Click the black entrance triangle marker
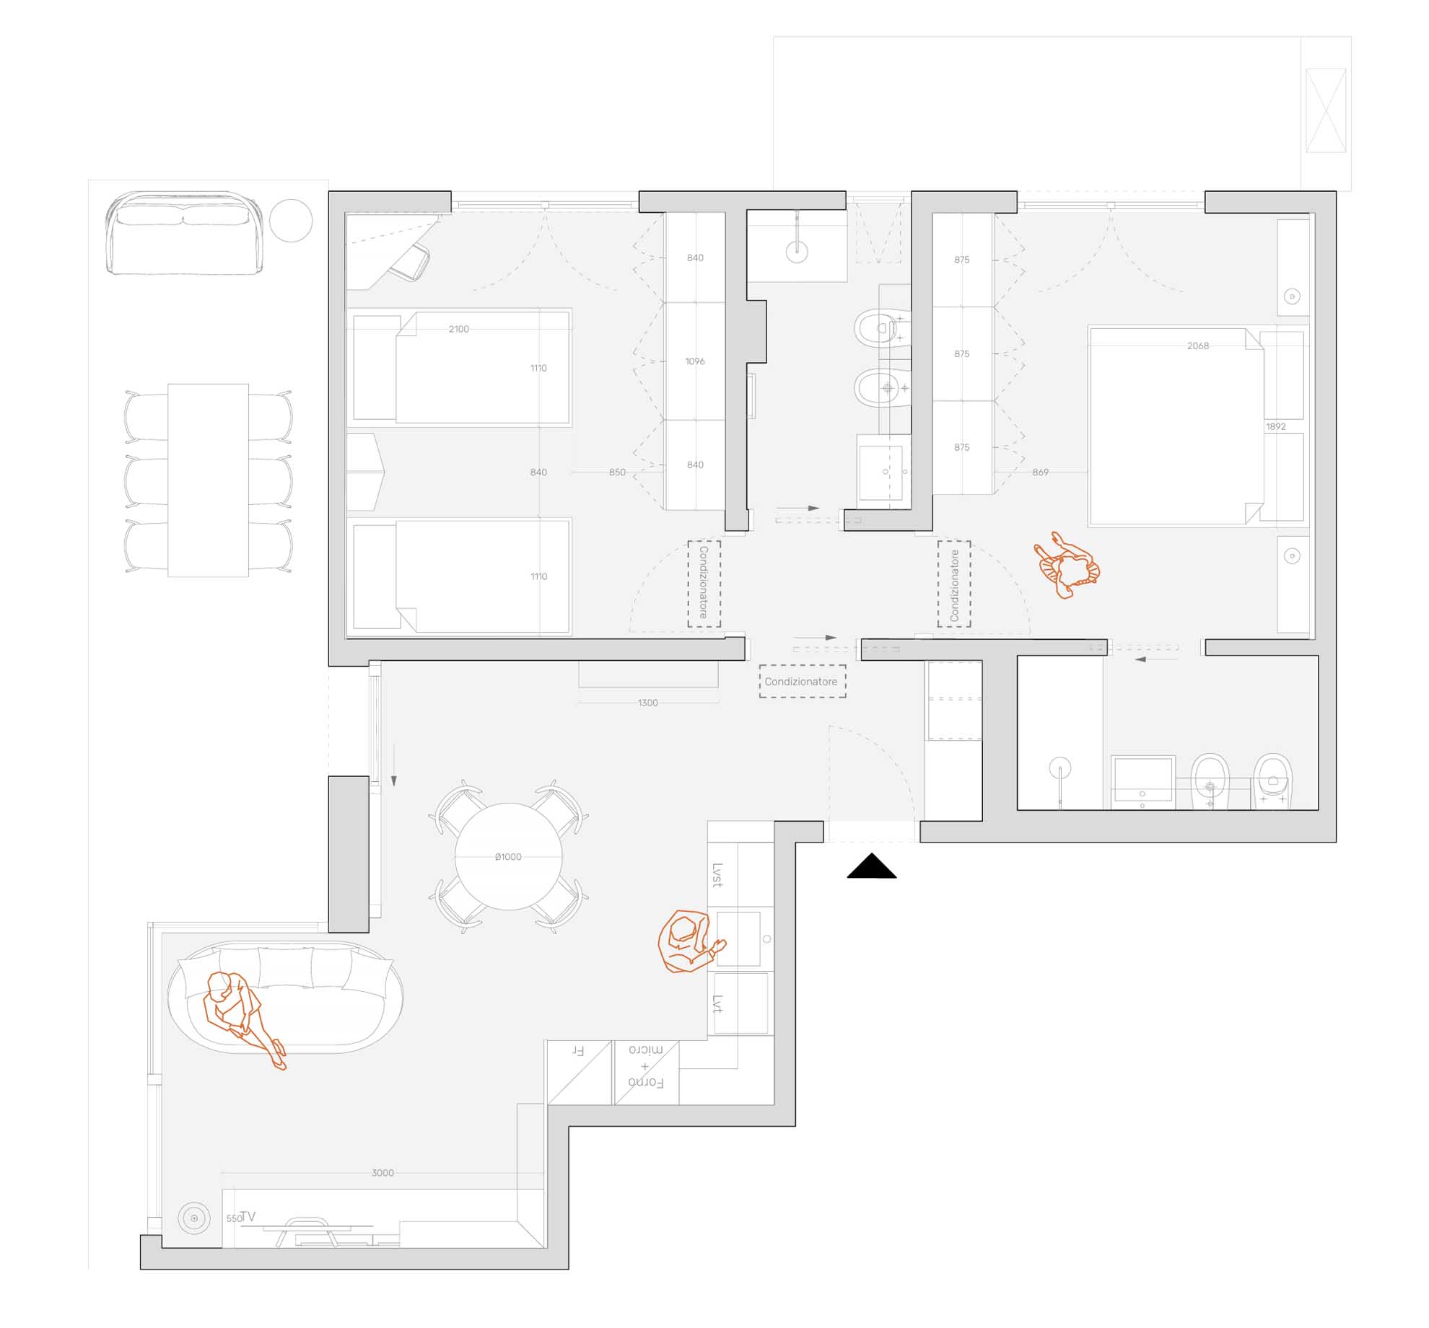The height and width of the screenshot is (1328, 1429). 872,866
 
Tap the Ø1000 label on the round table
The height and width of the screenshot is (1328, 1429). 508,857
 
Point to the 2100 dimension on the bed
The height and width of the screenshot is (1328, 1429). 459,329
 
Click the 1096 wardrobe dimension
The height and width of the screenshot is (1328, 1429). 695,361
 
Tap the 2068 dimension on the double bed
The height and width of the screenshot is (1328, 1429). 1198,346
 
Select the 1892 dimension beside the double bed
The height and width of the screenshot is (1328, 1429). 1276,426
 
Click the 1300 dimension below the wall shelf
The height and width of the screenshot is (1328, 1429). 648,703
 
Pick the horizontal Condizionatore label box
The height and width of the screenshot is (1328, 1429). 802,682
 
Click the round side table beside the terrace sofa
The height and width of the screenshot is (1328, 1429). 291,221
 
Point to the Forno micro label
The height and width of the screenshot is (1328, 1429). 646,1065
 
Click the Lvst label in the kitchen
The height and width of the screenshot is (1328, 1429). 717,875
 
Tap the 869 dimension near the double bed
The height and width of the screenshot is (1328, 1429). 1040,472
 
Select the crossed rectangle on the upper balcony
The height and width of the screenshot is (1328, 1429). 1326,110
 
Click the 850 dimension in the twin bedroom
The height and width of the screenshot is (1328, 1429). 617,472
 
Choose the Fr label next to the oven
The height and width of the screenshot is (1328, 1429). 577,1050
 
